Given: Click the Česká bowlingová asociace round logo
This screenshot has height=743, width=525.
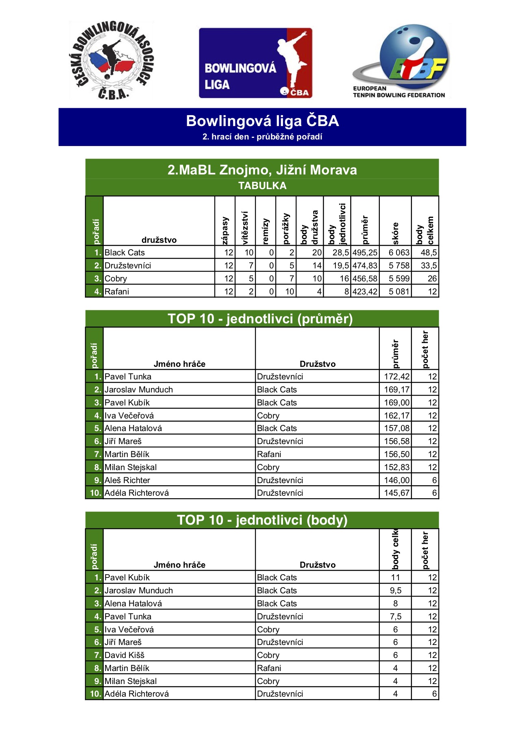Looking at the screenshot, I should click(111, 60).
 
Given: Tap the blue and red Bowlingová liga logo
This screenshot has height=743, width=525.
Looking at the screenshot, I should click(255, 63).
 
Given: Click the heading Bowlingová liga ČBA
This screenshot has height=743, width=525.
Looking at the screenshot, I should click(262, 121).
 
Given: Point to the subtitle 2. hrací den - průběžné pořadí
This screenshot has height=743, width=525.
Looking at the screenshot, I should click(262, 137).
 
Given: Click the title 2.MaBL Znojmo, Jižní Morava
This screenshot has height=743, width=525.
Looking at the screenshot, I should click(262, 170).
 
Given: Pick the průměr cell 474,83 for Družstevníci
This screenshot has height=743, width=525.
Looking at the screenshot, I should click(365, 266).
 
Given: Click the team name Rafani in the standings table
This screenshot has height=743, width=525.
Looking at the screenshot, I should click(117, 292).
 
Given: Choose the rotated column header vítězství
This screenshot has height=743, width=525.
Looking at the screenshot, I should click(245, 227).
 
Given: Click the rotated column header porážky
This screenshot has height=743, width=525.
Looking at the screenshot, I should click(286, 229).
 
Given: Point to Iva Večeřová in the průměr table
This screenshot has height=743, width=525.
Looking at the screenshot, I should click(129, 416).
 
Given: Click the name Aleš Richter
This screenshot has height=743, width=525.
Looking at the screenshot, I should click(127, 480).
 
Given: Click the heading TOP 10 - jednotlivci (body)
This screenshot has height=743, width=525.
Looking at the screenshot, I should click(262, 520).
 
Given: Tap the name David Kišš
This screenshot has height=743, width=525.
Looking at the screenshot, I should click(124, 655).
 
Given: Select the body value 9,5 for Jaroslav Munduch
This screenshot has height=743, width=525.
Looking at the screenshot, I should click(396, 590).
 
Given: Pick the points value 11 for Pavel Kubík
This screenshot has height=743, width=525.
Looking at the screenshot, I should click(396, 577).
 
